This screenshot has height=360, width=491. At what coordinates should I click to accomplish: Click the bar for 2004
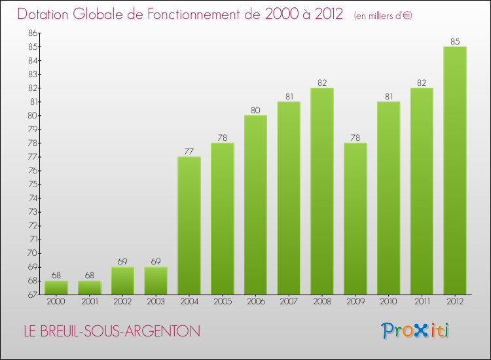click(189, 226)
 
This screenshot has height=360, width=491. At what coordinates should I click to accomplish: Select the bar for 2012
click(455, 170)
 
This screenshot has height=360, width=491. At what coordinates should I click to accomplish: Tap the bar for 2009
click(355, 219)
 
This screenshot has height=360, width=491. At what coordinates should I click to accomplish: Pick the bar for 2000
click(56, 287)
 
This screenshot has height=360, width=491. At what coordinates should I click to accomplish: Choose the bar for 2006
click(255, 205)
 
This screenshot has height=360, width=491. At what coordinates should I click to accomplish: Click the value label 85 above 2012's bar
click(455, 41)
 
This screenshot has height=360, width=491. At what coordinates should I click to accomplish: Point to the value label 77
click(189, 151)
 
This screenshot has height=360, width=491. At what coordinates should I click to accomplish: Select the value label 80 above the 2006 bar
click(255, 110)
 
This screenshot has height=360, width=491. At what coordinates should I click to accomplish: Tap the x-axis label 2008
click(322, 302)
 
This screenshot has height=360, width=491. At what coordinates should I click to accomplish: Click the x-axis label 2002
click(122, 302)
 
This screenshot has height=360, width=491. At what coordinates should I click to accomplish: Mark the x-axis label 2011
click(422, 302)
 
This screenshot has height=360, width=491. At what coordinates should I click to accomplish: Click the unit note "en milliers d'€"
click(383, 15)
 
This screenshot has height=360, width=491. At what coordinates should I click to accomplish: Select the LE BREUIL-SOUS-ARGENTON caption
click(109, 332)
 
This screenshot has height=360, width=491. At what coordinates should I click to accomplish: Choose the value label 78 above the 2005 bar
click(223, 137)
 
